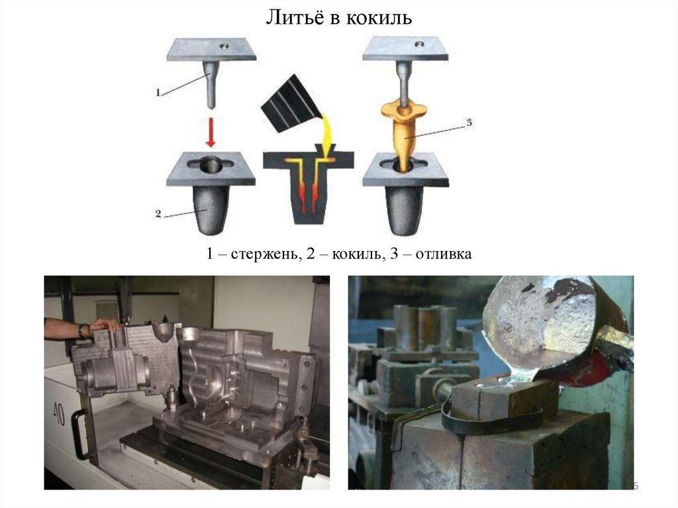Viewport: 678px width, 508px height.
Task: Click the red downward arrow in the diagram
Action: (x=211, y=132)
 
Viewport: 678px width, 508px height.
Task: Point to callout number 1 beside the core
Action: (x=158, y=92)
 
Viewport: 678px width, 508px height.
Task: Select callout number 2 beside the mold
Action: (x=158, y=214)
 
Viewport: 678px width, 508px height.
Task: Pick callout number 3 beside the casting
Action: (x=469, y=123)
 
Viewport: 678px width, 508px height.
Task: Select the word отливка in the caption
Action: (x=444, y=254)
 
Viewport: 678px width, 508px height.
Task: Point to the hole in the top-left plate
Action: (x=224, y=45)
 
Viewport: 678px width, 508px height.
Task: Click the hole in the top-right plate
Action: (x=418, y=44)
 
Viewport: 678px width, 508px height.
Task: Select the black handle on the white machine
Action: (x=79, y=434)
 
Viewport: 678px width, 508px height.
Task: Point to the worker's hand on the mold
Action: (x=104, y=325)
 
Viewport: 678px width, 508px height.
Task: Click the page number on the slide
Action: (x=635, y=485)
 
